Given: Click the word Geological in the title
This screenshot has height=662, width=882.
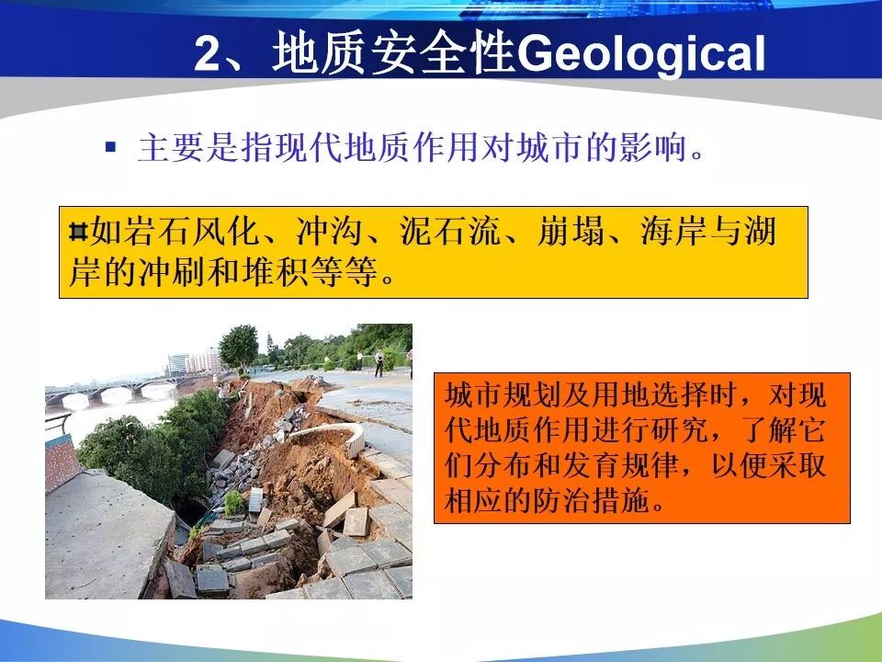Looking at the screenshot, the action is click(641, 54).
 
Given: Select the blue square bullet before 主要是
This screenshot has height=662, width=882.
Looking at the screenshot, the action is click(110, 147).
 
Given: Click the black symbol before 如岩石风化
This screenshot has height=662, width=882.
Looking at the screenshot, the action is click(78, 232).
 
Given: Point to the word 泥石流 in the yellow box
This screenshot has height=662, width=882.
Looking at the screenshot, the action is click(450, 232).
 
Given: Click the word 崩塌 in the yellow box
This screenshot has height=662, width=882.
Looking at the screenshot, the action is click(571, 232).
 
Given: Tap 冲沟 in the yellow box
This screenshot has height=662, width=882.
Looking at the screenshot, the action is click(330, 232).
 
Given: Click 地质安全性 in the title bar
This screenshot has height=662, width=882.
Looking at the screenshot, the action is click(394, 53).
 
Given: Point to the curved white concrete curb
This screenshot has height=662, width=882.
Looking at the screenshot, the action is click(332, 436).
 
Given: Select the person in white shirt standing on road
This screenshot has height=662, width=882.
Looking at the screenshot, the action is click(379, 362).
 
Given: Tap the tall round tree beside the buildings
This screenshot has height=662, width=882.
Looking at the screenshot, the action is click(239, 348).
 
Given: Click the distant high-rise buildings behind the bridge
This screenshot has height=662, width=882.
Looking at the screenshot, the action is click(194, 362).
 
